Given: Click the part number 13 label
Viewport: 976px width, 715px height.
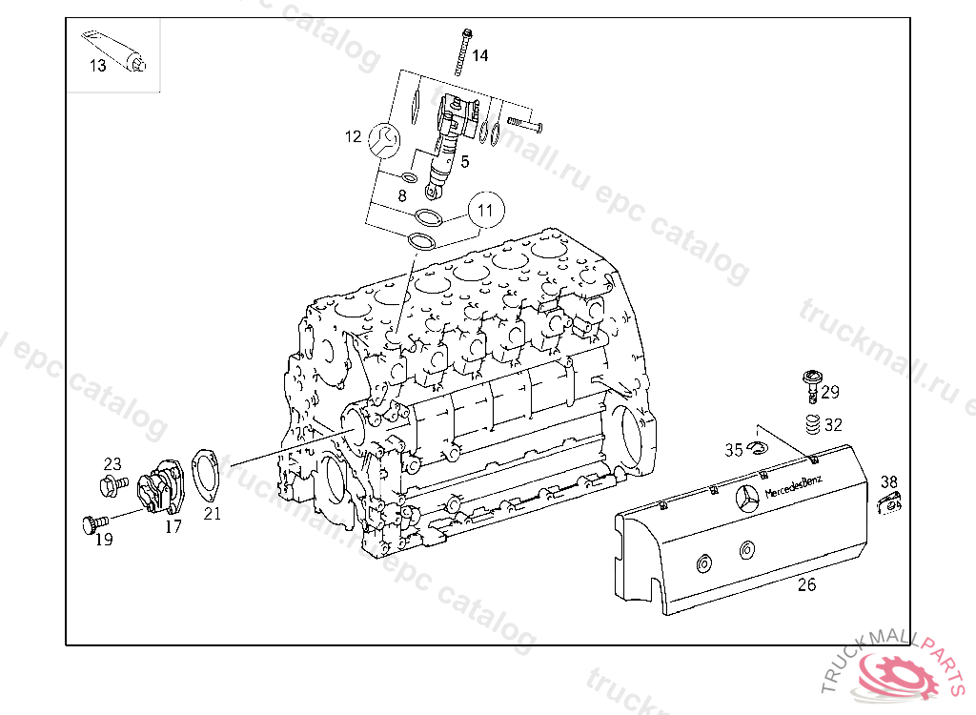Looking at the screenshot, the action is coord(98,66).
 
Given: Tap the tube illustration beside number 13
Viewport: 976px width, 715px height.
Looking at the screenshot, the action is coord(118,51).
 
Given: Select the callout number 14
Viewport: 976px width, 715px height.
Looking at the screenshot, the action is coord(479,56).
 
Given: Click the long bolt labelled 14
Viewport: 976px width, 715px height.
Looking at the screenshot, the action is coord(463,51).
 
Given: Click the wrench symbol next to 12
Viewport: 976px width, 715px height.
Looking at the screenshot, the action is coord(384,139).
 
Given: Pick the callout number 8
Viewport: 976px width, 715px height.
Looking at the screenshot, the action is coord(401,195).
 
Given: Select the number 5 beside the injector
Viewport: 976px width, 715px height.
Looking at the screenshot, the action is coord(465,161).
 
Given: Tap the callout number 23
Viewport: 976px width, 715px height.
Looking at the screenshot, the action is coord(112,464).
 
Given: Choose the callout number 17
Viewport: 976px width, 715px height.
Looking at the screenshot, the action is coord(173,525).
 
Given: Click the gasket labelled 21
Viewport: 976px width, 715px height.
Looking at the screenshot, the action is coord(203,474).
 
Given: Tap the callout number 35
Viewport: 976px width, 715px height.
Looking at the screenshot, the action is coord(733,450).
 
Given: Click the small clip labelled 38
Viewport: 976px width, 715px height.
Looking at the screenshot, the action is coord(890,502).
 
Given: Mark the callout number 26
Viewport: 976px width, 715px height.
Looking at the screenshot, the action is coord(806,585).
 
